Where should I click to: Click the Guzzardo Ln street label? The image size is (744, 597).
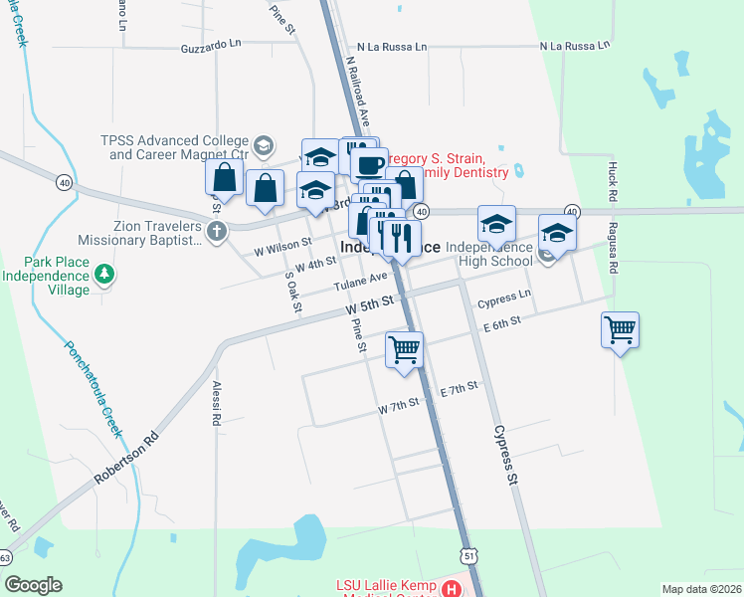pyautogui.click(x=211, y=46)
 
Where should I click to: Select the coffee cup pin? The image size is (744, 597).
pyautogui.click(x=369, y=163)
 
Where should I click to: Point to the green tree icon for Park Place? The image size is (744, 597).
pyautogui.click(x=102, y=273)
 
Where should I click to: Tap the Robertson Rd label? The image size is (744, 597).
pyautogui.click(x=127, y=457)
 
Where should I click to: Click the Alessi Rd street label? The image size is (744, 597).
pyautogui.click(x=215, y=402)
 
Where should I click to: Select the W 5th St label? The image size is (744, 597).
pyautogui.click(x=371, y=303)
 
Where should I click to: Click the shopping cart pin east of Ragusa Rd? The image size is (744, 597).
pyautogui.click(x=620, y=328)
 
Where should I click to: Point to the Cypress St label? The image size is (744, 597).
pyautogui.click(x=506, y=457)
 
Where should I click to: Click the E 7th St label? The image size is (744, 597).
pyautogui.click(x=459, y=386)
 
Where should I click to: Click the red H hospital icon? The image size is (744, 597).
pyautogui.click(x=454, y=589)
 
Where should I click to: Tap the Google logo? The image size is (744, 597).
pyautogui.click(x=33, y=585)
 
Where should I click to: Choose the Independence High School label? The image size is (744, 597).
pyautogui.click(x=488, y=254)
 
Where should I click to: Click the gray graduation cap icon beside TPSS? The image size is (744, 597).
pyautogui.click(x=263, y=147)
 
